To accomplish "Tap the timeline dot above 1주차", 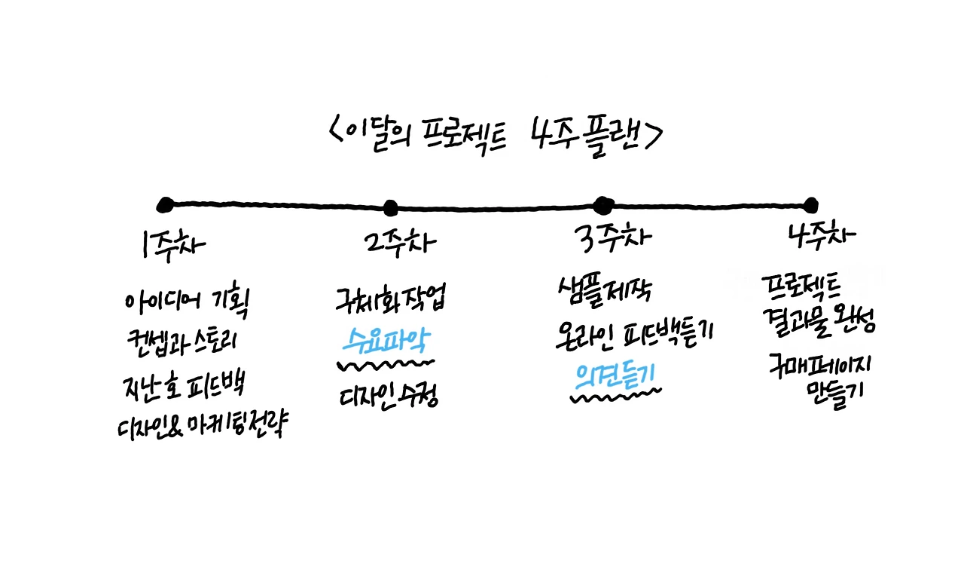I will (x=166, y=204).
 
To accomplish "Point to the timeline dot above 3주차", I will (x=602, y=204).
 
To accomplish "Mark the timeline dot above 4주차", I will (x=810, y=204).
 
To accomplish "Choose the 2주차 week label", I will (x=398, y=242).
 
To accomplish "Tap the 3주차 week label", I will (x=612, y=240).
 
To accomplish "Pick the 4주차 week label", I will (x=822, y=235).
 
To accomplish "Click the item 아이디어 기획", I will (x=187, y=303).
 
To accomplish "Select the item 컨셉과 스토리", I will (x=183, y=344).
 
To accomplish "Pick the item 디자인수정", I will (x=388, y=395).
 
